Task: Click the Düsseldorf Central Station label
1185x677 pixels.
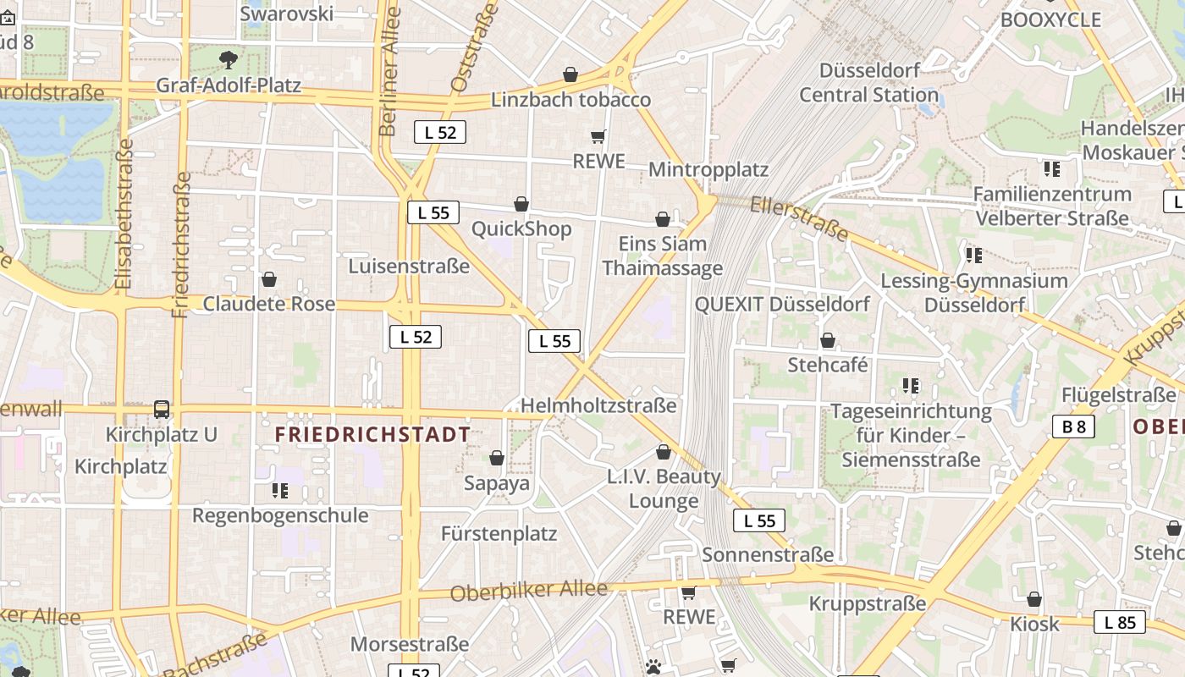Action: point(868,82)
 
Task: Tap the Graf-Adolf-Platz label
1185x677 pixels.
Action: point(229,85)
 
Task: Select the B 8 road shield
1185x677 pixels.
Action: point(1073,427)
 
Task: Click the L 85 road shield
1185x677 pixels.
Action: point(1119,623)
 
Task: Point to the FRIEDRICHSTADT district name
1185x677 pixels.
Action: point(372,435)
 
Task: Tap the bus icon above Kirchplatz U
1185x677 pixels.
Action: point(162,410)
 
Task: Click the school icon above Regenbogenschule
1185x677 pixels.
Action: point(280,491)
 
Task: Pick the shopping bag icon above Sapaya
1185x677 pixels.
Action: point(497,458)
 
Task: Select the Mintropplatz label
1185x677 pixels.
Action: point(708,169)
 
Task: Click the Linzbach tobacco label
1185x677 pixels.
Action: point(570,100)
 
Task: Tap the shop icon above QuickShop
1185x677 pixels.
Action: point(521,204)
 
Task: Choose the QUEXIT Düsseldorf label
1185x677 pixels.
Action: point(782,305)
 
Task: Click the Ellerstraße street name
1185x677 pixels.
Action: point(799,217)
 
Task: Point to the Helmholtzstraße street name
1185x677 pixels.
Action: point(598,406)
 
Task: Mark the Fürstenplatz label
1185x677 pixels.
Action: point(499,534)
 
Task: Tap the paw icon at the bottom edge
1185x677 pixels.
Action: point(653,667)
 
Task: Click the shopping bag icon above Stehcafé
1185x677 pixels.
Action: point(828,340)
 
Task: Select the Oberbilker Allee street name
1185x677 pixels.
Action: point(528,591)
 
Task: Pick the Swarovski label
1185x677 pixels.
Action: point(287,14)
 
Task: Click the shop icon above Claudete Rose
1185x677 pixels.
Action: point(269,279)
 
